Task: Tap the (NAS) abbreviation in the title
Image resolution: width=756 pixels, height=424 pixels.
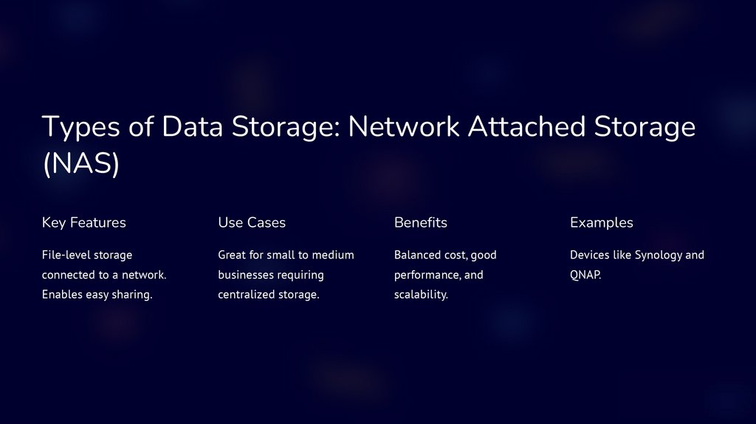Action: (80, 164)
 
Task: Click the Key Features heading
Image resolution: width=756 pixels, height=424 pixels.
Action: (84, 222)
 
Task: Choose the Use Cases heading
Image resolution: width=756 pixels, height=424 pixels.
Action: (252, 222)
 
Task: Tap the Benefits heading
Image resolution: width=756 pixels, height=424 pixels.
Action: (421, 222)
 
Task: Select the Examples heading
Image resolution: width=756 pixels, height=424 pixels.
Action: (602, 222)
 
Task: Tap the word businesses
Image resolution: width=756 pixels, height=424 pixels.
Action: (246, 276)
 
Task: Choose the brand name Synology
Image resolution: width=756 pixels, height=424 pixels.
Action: (659, 255)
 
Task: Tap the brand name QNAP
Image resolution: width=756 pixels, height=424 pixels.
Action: (585, 276)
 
